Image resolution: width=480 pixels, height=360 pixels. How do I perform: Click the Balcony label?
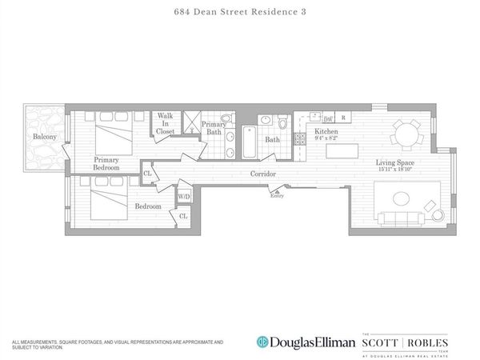44,137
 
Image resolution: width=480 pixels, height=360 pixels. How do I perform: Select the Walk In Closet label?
166,123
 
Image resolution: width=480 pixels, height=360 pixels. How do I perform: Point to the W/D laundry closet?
183,196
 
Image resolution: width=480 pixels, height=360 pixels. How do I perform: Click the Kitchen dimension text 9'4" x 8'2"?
327,138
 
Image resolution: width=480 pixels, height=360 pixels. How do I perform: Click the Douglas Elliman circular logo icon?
262,342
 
